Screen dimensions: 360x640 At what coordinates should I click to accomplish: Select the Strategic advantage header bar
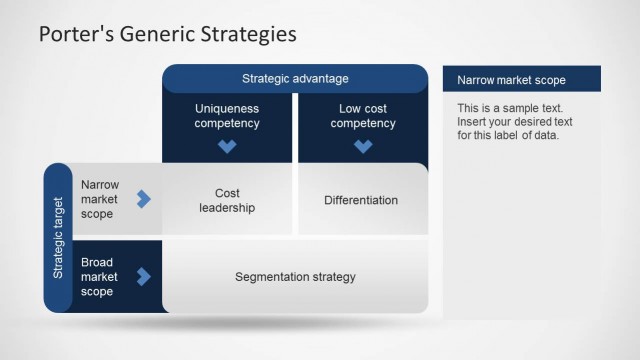tap(295, 78)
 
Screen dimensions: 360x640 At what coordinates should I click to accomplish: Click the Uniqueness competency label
tap(227, 115)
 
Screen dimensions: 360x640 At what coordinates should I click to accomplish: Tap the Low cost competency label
tap(362, 115)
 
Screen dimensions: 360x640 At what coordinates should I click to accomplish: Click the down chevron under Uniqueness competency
tap(227, 146)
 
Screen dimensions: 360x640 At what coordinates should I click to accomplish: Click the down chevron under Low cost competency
tap(362, 146)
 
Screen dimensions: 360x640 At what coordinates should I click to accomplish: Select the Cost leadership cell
tap(227, 200)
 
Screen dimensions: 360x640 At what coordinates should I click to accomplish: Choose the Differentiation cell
tap(361, 200)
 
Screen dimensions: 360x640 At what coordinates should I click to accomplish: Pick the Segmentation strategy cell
tap(295, 277)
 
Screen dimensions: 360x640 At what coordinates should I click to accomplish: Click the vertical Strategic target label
tap(58, 238)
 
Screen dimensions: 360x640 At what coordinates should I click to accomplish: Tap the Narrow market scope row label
tap(100, 200)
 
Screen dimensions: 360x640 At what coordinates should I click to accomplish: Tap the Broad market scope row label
tap(100, 277)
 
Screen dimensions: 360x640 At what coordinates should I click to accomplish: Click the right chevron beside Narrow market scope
tap(143, 199)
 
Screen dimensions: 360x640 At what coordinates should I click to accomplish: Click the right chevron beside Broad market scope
tap(143, 276)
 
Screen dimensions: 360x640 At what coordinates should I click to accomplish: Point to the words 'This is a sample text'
tap(510, 108)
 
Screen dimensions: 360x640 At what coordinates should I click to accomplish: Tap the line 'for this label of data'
tap(508, 136)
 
